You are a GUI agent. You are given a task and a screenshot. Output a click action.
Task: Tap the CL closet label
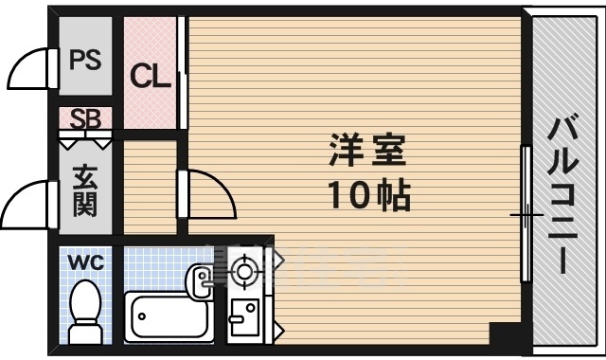[150, 76]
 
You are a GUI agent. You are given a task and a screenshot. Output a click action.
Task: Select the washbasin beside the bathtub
[202, 278]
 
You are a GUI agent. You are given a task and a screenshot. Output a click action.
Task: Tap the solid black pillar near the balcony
[506, 333]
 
